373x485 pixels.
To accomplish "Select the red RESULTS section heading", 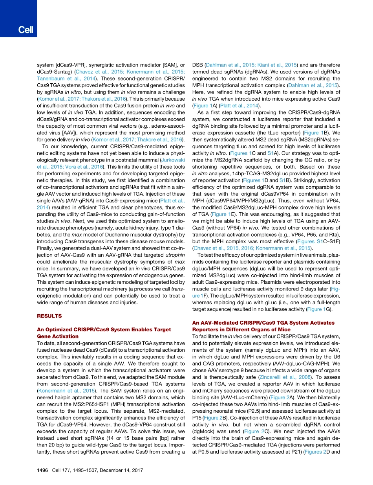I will [x=49, y=316].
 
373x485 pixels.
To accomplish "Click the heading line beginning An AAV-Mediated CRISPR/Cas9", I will [x=263, y=323].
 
